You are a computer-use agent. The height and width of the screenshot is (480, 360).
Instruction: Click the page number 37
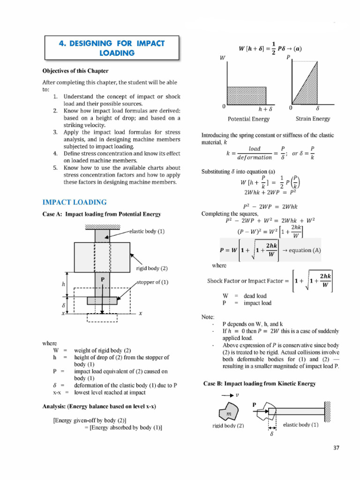point(336,448)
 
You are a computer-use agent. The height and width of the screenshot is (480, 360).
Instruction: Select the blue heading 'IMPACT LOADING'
point(75,202)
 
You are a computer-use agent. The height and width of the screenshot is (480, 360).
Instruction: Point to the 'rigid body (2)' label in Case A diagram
point(151,269)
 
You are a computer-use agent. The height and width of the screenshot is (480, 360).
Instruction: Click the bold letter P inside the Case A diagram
point(103,279)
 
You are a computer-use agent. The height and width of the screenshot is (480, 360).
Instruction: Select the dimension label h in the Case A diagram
point(63,284)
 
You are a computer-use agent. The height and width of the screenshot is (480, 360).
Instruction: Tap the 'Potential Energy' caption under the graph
point(248,119)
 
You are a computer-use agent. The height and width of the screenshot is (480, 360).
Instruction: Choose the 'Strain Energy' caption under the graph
point(312,119)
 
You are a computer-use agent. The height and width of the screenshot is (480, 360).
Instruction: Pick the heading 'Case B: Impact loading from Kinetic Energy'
point(260,383)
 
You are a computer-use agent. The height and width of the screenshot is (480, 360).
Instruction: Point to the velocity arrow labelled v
point(229,395)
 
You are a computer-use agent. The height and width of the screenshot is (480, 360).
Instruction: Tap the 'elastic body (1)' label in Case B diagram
point(301,425)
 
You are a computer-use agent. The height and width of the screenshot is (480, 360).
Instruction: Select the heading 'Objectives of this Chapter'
point(75,71)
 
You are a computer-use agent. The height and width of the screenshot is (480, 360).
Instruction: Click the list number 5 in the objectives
point(55,168)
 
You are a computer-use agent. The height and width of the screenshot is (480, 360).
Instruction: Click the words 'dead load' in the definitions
point(255,296)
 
